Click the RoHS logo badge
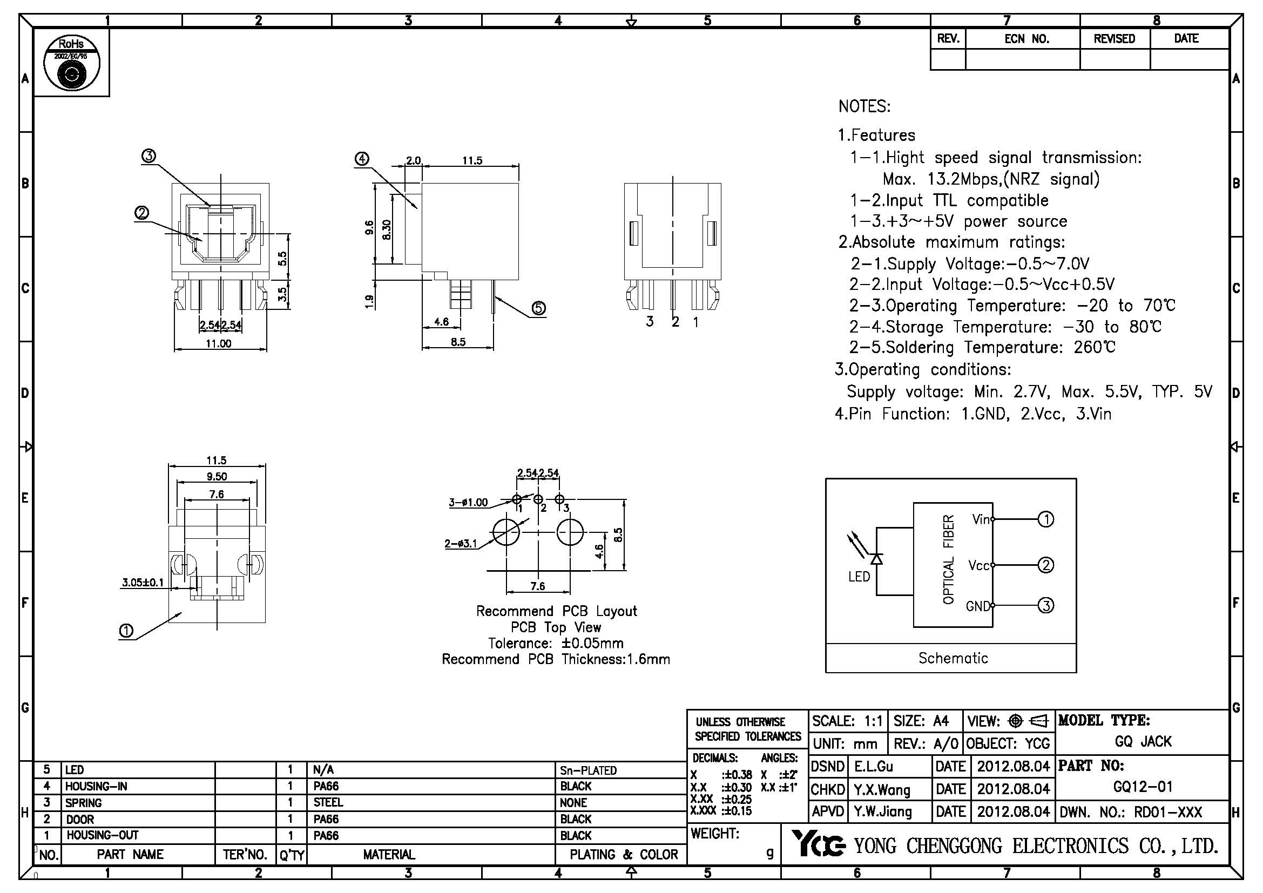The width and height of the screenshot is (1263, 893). point(71,63)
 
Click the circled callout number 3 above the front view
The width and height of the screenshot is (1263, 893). point(148,156)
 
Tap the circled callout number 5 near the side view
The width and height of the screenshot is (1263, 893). point(538,308)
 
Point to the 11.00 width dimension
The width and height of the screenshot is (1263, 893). point(218,344)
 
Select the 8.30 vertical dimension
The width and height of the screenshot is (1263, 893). point(387,229)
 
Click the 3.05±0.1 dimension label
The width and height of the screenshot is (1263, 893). point(143,583)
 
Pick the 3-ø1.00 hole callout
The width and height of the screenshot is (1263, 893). point(468,502)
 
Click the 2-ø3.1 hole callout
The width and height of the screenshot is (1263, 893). point(461,544)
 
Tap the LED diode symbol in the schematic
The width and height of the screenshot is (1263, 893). point(876,559)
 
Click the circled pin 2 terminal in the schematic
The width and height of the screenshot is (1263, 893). point(1045,565)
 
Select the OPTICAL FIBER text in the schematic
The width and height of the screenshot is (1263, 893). point(948,559)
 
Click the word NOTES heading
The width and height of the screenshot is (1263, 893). point(864,107)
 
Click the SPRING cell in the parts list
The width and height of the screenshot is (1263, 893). point(84,803)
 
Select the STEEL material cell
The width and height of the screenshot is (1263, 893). point(328,803)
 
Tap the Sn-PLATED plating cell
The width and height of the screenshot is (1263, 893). point(588,770)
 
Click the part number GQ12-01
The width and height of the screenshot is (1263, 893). point(1143,787)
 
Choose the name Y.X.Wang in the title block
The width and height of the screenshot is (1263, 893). point(882,790)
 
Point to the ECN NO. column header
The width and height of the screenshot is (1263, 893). point(1026,39)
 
